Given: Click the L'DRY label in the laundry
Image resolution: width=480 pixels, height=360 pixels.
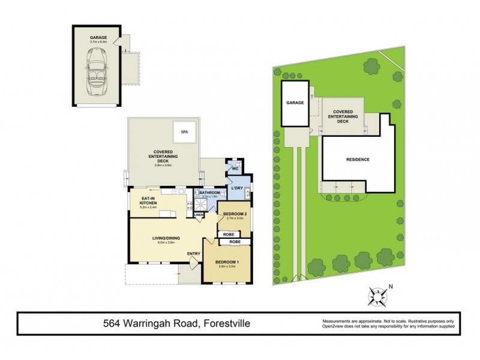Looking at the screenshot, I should pos(236,188).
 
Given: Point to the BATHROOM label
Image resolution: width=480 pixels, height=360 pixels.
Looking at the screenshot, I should pos(211,192).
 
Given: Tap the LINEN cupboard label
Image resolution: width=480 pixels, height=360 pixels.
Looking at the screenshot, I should pos(198,214).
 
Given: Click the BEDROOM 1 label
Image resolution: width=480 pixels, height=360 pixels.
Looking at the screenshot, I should pos(226,262).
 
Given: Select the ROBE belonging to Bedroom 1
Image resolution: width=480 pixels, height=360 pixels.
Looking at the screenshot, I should pos(233,242).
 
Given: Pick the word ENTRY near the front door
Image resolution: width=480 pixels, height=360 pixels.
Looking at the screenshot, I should pos(193,253).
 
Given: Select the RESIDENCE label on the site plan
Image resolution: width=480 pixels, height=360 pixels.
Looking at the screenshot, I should pos(357,160).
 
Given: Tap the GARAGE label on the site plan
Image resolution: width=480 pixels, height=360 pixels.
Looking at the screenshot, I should pos(294,103).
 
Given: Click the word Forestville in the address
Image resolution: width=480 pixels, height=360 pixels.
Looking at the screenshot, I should pos(225,325).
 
